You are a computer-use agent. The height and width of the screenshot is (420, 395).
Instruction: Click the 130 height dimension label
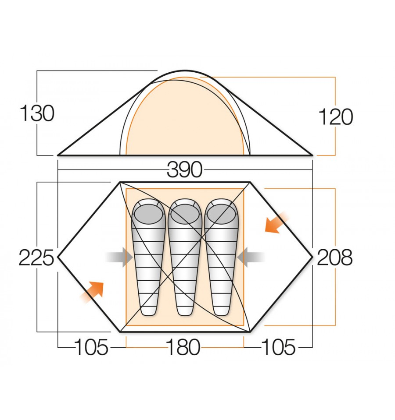(x=37, y=114)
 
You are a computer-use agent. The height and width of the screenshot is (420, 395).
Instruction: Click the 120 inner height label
(x=335, y=117)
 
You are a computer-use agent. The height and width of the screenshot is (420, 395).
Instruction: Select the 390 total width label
(x=184, y=169)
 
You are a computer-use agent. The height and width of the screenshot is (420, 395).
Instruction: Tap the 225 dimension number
(x=36, y=258)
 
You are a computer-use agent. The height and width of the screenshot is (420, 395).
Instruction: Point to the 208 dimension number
(x=334, y=258)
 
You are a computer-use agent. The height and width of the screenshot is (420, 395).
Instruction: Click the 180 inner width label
(x=183, y=348)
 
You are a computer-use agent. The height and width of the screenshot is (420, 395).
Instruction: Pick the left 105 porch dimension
(x=91, y=348)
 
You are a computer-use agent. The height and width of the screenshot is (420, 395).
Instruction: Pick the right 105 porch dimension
(x=278, y=348)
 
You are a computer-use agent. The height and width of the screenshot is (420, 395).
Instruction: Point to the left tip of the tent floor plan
(x=59, y=257)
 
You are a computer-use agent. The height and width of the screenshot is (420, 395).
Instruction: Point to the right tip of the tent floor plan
(x=312, y=257)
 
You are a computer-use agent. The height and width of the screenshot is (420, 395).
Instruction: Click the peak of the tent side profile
(x=184, y=71)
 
